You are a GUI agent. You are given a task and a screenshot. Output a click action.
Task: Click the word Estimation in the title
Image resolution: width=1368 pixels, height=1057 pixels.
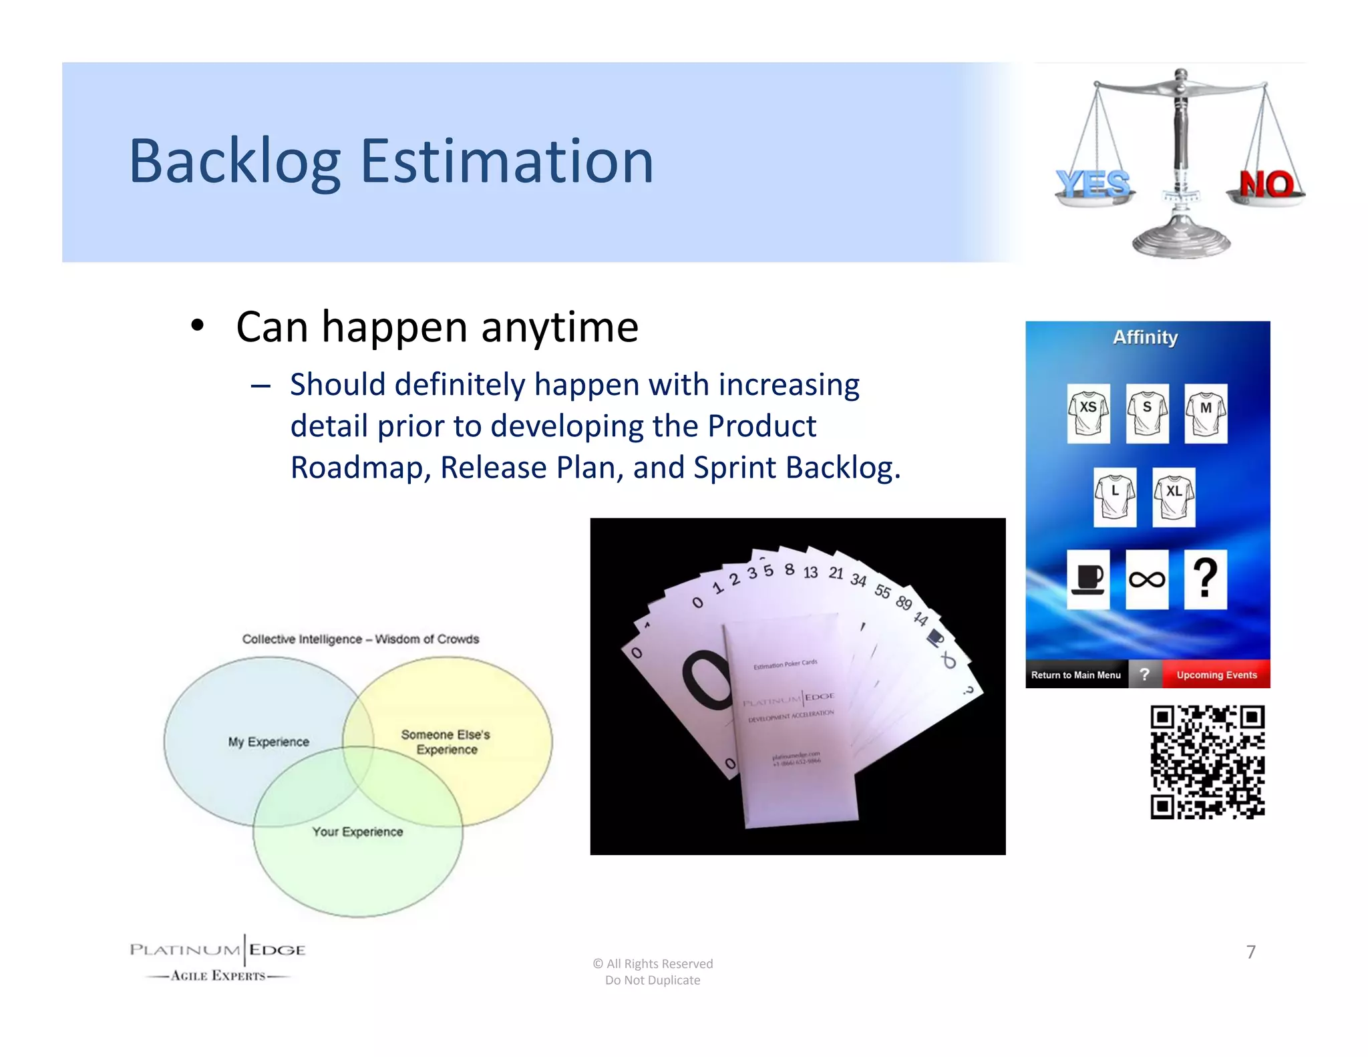tap(506, 162)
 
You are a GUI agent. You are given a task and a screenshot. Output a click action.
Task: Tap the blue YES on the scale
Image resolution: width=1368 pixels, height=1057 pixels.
tap(1093, 184)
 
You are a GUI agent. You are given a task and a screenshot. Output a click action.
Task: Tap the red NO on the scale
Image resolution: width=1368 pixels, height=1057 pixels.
tap(1266, 184)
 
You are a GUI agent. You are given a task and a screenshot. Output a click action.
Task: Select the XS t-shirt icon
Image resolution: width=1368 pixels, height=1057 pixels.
tap(1088, 413)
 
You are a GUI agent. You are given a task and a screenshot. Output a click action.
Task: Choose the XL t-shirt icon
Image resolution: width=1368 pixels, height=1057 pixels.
tap(1174, 497)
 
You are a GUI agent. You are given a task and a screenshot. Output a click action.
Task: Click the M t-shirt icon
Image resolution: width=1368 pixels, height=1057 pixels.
tap(1206, 413)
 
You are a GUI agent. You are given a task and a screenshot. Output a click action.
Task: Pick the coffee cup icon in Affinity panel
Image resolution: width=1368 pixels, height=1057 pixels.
tap(1088, 579)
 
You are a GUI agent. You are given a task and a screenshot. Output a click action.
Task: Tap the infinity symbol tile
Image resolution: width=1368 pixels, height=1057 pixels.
tap(1147, 579)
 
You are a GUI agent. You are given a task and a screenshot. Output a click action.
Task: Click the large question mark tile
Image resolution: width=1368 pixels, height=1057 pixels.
tap(1205, 579)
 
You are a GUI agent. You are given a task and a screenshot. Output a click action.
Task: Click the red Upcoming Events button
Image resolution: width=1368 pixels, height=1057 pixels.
tap(1216, 675)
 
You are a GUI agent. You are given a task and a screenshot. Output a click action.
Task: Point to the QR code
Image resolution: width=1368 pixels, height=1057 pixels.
tap(1207, 762)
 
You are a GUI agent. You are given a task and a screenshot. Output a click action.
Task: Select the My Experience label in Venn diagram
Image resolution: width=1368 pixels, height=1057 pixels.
tap(269, 742)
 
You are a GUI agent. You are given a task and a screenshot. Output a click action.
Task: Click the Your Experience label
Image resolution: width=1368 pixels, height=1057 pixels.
tap(357, 832)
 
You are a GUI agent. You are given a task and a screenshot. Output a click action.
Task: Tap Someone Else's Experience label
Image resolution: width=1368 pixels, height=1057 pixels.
tap(446, 742)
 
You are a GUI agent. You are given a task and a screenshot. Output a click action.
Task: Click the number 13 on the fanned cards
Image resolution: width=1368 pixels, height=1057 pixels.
tap(810, 573)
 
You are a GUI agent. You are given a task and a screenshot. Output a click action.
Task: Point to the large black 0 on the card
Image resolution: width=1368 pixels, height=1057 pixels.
tap(705, 679)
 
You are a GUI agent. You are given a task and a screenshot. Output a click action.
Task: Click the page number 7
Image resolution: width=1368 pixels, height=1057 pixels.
tap(1251, 952)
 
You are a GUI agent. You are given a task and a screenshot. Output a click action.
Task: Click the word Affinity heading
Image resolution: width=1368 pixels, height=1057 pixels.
tap(1145, 337)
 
